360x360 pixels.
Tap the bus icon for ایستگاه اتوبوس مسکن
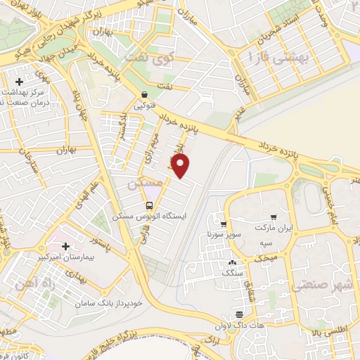click(x=149, y=205)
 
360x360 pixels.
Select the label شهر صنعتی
click(x=314, y=281)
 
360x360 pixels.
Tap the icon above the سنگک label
click(x=232, y=262)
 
